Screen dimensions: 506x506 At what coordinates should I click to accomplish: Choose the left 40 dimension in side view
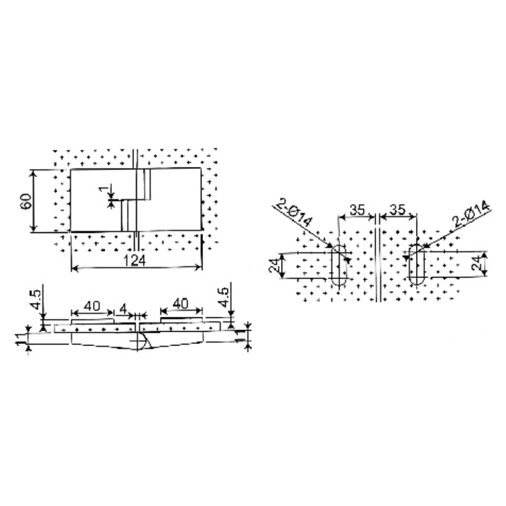[x=92, y=305]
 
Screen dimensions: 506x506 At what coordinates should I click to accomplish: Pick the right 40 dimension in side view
[x=180, y=304]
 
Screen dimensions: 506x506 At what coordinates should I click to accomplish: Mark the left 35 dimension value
[x=357, y=210]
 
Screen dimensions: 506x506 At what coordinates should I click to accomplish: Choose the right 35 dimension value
[x=398, y=210]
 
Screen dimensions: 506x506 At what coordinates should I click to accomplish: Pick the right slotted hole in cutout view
[x=416, y=264]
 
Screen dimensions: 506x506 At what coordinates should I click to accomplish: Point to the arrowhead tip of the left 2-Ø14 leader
[x=333, y=247]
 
